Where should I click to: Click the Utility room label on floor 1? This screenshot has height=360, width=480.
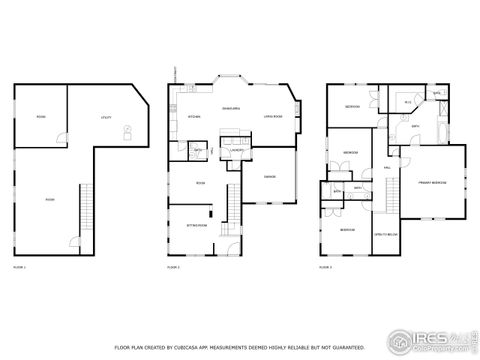pos(105,118)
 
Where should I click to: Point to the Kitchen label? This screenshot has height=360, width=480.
pos(195,117)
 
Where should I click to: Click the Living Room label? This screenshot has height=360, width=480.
pos(272,117)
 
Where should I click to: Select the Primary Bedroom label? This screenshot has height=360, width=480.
pos(432,184)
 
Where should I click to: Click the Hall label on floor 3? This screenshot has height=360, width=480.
pos(387,168)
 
